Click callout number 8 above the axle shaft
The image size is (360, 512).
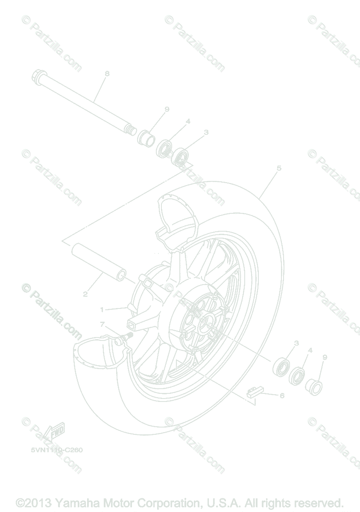[107, 73]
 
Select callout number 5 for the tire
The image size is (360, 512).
[279, 168]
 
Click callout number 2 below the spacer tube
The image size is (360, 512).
[85, 294]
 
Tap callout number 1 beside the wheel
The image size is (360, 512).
[102, 309]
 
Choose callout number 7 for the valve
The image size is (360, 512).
[102, 324]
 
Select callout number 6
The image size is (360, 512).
[282, 396]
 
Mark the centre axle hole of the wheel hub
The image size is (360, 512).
[208, 325]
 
